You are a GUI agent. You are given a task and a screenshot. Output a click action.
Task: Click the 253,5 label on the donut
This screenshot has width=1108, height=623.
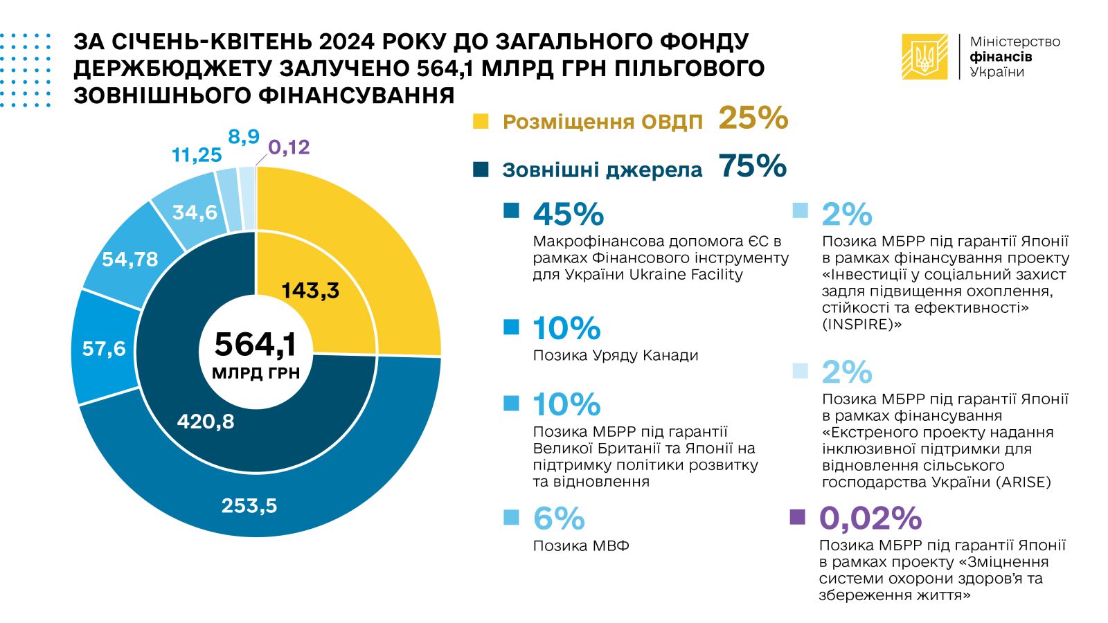click(x=249, y=506)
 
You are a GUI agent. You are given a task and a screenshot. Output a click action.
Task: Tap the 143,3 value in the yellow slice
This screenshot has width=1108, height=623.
click(x=310, y=290)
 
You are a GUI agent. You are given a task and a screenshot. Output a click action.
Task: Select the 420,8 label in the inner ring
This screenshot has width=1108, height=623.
click(x=206, y=421)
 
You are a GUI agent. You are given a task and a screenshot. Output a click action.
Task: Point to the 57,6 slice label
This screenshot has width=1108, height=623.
click(x=104, y=348)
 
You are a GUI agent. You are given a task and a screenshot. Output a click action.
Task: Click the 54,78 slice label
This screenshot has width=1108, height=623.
click(x=130, y=259)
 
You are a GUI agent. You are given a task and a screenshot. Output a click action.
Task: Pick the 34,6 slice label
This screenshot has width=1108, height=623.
click(x=195, y=212)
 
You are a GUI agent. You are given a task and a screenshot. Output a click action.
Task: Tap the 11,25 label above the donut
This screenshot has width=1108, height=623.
click(x=197, y=155)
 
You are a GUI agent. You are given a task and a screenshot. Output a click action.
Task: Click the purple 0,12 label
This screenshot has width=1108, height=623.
click(x=289, y=147)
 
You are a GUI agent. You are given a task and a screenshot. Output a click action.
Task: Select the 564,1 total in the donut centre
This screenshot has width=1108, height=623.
click(x=256, y=344)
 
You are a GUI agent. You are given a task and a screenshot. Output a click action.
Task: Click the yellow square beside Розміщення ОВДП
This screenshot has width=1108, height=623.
click(x=481, y=121)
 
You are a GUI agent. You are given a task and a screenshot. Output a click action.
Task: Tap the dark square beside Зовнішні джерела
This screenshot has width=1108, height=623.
click(x=481, y=170)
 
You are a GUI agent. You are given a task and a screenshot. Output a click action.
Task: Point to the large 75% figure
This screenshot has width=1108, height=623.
click(x=753, y=166)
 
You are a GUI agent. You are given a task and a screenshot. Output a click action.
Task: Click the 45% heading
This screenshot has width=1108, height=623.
click(x=569, y=215)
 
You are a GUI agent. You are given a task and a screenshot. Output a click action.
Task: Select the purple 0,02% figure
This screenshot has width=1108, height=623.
click(x=870, y=518)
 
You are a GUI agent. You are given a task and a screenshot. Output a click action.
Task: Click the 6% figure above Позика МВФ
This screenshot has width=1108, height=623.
click(x=559, y=518)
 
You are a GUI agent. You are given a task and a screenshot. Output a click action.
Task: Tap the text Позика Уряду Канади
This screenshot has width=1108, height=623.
click(x=616, y=356)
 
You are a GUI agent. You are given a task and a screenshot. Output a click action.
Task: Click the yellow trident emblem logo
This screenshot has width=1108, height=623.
click(x=924, y=57)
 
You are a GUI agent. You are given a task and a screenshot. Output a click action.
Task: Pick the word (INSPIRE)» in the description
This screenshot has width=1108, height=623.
click(x=861, y=325)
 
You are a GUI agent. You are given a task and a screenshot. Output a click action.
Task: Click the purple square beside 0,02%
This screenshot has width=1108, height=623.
click(x=798, y=517)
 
